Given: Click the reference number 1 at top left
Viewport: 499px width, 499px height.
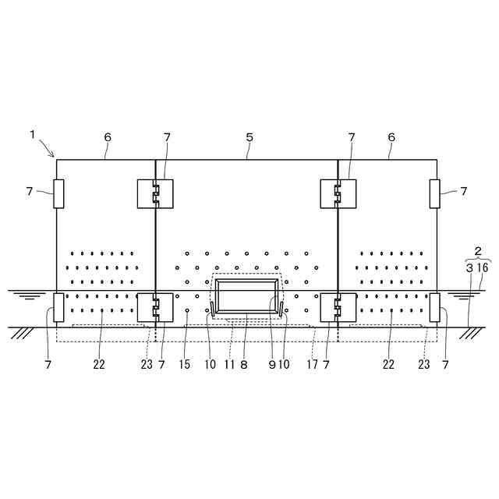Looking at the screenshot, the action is tap(32, 135).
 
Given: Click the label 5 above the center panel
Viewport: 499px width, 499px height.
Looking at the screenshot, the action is tap(249, 137).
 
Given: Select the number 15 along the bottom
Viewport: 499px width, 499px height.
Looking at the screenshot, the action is tap(185, 364).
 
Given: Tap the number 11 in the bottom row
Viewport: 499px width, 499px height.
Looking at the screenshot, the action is tap(229, 364).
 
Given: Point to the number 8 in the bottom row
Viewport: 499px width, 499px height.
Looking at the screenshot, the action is tap(244, 364).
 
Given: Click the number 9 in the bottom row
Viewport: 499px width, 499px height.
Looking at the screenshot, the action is tap(272, 364).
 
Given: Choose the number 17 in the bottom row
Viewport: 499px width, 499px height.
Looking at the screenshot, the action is tap(312, 364).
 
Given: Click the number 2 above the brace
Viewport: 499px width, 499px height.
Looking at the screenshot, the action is tap(478, 251).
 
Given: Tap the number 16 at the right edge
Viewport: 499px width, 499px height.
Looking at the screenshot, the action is tap(483, 267).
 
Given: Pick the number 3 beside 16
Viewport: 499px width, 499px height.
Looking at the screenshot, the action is tap(469, 268).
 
